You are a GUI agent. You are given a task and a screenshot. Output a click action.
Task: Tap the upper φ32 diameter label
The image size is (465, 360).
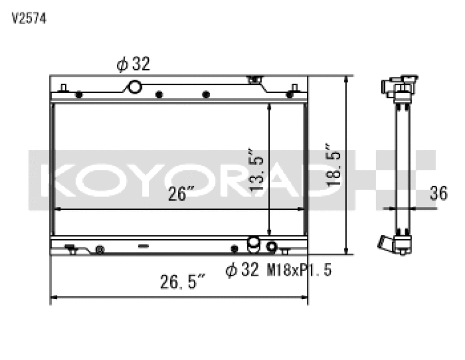pyautogui.click(x=133, y=65)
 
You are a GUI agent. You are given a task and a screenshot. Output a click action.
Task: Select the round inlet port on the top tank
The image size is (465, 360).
pyautogui.click(x=135, y=87)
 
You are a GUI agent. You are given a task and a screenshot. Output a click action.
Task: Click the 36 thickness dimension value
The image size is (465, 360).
pyautogui.click(x=439, y=194)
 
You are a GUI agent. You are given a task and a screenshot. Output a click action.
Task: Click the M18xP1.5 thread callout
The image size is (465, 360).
pyautogui.click(x=299, y=270)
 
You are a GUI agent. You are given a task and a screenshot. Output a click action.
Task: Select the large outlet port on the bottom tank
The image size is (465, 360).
pyautogui.click(x=254, y=245)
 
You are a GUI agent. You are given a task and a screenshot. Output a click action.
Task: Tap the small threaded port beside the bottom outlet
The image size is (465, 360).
pyautogui.click(x=270, y=247)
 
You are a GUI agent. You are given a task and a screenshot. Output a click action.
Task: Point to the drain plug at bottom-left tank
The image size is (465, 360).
pyautogui.click(x=99, y=250)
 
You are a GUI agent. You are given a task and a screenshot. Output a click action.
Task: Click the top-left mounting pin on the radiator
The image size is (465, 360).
pyautogui.click(x=65, y=88)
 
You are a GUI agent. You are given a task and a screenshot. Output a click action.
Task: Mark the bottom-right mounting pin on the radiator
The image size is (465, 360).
pyautogui.click(x=285, y=251)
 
